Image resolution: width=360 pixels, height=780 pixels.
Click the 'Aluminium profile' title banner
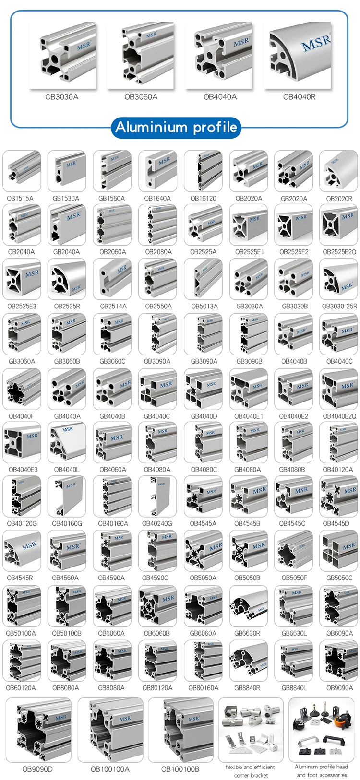(176, 127)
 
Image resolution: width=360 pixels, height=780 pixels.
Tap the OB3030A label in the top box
(62, 97)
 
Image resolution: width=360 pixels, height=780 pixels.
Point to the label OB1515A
(20, 198)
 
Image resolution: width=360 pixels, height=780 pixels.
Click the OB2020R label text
(339, 198)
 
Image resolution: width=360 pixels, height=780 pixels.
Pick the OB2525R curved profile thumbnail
(67, 279)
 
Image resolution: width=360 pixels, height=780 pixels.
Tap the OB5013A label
(204, 306)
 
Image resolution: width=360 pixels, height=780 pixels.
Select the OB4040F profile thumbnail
(22, 389)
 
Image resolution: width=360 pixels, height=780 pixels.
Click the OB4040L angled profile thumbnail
(67, 442)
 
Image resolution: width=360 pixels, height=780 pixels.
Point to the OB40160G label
(67, 524)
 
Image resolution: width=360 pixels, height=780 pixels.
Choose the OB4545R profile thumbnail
(22, 551)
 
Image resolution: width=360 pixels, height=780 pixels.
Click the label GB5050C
(339, 578)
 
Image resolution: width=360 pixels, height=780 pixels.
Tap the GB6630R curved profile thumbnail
(248, 605)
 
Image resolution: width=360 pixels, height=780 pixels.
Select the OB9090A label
(339, 687)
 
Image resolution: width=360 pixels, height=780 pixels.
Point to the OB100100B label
(180, 769)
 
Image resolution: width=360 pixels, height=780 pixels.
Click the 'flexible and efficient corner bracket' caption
(250, 771)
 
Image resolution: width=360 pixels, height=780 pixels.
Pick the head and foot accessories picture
(321, 730)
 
